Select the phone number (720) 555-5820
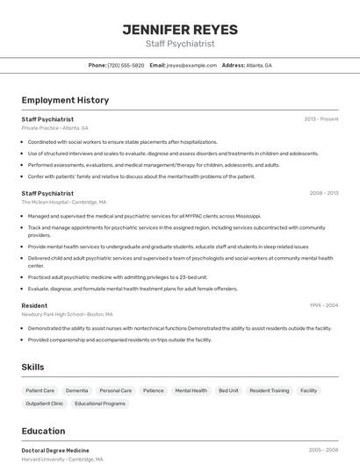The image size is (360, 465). (x=126, y=65)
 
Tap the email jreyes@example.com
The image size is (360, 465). (x=191, y=65)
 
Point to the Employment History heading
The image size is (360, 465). (x=65, y=100)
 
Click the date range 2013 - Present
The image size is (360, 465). (x=321, y=118)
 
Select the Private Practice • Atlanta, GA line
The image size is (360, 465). (x=54, y=127)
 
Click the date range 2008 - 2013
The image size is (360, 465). (x=323, y=193)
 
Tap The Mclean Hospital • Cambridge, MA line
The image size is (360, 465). (x=63, y=202)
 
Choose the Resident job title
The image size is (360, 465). (x=34, y=305)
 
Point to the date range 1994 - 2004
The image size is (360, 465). (x=323, y=305)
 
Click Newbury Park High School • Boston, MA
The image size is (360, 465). (x=68, y=314)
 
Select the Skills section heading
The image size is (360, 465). (x=32, y=367)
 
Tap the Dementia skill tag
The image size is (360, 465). (x=76, y=390)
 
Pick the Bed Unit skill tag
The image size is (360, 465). (x=228, y=390)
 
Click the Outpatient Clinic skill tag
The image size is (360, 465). (x=45, y=404)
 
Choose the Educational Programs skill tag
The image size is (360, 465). (x=100, y=404)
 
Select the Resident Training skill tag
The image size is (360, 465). (x=269, y=390)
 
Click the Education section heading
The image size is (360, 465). (x=43, y=431)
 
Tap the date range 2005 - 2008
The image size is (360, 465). (x=323, y=450)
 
